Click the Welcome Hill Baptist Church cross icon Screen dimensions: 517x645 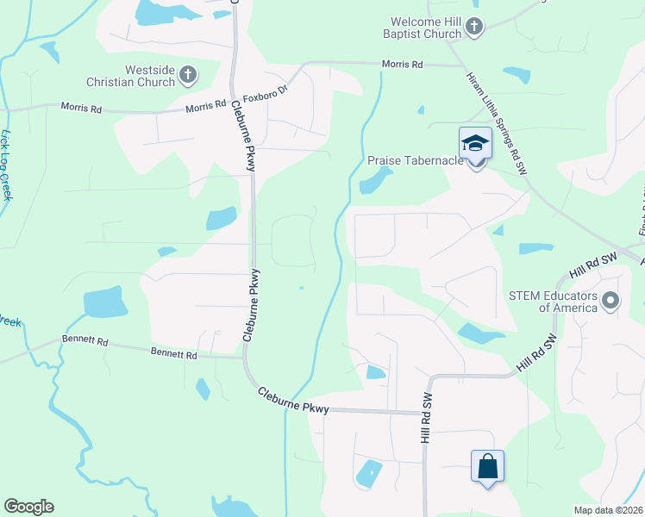point(473,28)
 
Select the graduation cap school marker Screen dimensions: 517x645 point(475,143)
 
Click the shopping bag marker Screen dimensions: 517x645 point(487,466)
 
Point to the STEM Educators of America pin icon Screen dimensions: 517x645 point(611,301)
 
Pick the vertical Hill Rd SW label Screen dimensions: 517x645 point(425,417)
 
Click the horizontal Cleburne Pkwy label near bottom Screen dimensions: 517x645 point(294,401)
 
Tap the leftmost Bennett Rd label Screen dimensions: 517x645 point(85,342)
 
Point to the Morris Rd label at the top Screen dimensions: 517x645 point(403,65)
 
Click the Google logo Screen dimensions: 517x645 point(29,506)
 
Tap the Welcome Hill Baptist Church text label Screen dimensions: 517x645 point(414,28)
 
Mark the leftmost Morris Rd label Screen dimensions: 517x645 point(81,108)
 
